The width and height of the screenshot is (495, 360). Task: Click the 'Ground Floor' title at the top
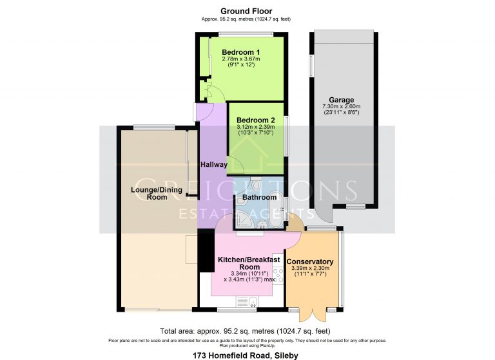click(246, 11)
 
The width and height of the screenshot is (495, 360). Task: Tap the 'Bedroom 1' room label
click(240, 52)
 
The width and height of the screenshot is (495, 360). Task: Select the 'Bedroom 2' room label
click(256, 120)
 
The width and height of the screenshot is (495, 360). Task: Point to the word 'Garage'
click(341, 100)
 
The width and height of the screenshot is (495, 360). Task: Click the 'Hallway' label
click(213, 165)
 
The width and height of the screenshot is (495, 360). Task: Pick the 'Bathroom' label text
click(259, 197)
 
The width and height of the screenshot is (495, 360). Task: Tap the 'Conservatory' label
click(310, 261)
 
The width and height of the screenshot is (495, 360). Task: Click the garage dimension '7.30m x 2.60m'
click(341, 107)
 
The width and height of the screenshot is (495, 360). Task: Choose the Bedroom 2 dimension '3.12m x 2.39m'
click(256, 128)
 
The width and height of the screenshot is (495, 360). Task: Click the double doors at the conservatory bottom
click(312, 314)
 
